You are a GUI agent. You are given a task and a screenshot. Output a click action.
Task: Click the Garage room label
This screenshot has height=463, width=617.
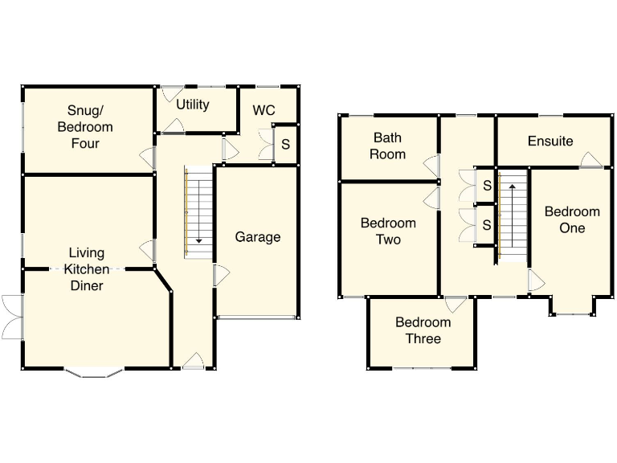[x=258, y=237]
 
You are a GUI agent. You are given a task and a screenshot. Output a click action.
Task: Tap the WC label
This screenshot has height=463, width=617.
[x=264, y=110]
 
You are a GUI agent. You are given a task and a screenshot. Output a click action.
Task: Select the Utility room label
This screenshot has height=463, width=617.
[x=193, y=104]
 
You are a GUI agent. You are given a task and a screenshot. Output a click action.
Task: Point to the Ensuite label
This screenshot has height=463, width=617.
[x=550, y=141]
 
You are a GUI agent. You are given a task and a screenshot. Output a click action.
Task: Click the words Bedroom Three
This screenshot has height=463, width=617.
[x=423, y=330]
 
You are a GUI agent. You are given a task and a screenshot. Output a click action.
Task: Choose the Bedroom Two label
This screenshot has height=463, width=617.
[x=388, y=231]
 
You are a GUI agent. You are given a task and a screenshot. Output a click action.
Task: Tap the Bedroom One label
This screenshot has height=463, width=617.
[x=572, y=219]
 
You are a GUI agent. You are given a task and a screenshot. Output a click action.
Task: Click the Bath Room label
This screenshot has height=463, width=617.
[x=387, y=145]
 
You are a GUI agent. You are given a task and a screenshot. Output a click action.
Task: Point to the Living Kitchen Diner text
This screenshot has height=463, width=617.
[x=86, y=269]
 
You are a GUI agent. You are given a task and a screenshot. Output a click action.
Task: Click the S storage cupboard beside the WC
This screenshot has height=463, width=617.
[x=285, y=145]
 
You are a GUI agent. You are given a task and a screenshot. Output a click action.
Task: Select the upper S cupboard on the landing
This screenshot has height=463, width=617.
[x=486, y=186]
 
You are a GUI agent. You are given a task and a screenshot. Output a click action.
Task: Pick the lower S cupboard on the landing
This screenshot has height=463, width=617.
[x=486, y=226]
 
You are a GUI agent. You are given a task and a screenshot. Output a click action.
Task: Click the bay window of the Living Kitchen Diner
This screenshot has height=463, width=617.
[x=95, y=372]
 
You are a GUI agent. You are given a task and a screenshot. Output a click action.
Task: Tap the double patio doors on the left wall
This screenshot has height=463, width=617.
[x=12, y=318]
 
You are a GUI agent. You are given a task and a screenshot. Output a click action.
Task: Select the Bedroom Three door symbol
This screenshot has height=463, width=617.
[x=456, y=305]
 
